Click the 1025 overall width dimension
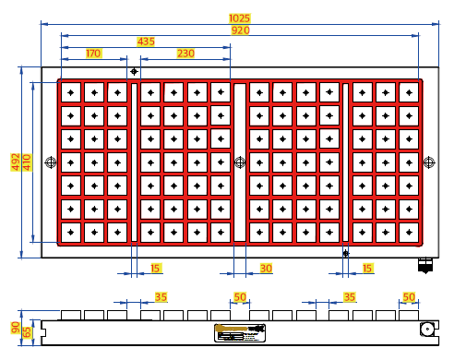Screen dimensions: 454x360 click(x=240, y=18)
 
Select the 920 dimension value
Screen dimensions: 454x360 click(x=240, y=30)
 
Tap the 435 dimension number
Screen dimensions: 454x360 click(x=146, y=42)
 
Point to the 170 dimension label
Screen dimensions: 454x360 click(x=93, y=54)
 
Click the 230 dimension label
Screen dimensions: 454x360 click(x=185, y=54)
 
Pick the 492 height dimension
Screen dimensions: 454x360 click(x=16, y=162)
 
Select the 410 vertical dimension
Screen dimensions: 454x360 click(x=27, y=162)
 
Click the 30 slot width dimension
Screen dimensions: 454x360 click(x=266, y=269)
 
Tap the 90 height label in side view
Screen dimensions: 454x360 click(x=16, y=328)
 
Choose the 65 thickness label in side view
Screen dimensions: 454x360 click(x=27, y=332)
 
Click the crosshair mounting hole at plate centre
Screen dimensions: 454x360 click(x=240, y=162)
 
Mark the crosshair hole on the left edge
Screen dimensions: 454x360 click(x=51, y=162)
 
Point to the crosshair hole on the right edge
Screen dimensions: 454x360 click(x=429, y=162)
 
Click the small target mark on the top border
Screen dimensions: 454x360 click(x=134, y=71)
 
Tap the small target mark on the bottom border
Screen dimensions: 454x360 click(x=346, y=254)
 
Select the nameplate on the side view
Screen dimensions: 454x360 click(x=240, y=333)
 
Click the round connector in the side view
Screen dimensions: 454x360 click(x=427, y=330)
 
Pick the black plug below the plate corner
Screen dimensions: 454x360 click(x=425, y=266)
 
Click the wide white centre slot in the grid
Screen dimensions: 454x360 click(x=240, y=162)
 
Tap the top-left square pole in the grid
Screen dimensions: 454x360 click(x=71, y=92)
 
